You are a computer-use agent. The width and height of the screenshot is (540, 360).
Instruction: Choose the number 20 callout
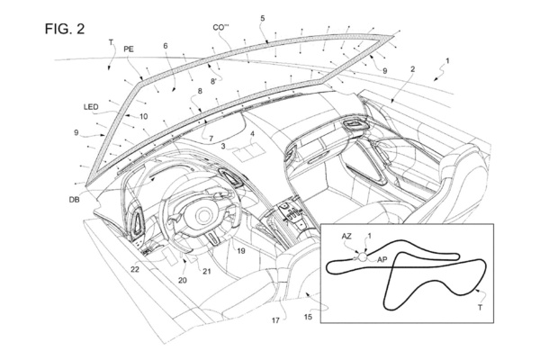184,281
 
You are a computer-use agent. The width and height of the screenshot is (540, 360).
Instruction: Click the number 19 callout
241,254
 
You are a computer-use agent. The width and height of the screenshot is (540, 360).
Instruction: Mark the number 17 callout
276,319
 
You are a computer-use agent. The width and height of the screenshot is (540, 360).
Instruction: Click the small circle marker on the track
364,256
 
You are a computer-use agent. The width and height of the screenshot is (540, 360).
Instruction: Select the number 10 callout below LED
142,117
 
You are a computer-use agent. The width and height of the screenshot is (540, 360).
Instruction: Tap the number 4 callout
254,133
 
